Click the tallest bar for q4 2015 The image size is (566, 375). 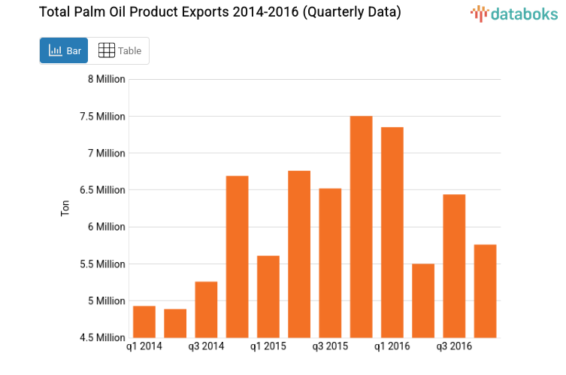point(361,227)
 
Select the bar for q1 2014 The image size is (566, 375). point(144,322)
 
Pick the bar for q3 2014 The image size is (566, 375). point(206,309)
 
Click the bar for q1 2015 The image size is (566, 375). point(268,297)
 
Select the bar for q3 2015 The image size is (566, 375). point(330,263)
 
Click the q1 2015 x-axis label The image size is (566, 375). point(268,346)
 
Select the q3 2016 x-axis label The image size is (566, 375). point(454,346)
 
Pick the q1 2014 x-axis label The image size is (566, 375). point(144,346)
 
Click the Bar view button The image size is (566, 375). point(65,51)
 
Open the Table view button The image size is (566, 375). point(120,51)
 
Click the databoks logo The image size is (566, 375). point(514,13)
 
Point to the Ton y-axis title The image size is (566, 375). point(65,209)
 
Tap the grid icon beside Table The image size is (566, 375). point(107,50)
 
